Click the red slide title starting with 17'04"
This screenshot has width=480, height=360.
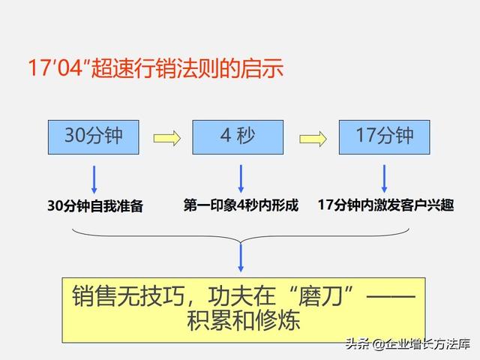point(156,68)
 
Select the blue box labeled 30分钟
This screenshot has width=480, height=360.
point(93,137)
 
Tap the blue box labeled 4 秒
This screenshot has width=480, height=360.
point(238,137)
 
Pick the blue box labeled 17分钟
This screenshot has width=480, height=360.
point(385,137)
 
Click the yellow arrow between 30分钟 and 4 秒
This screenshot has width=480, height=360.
point(167,138)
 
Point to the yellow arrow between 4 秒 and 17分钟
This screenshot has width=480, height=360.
point(313,139)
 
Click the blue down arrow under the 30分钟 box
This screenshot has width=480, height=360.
point(94,180)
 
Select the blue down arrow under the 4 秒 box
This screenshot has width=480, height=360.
point(241,178)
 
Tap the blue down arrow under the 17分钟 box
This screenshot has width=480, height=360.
point(385,178)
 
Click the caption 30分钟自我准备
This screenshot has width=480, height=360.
point(95,205)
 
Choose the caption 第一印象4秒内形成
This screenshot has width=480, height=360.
point(241,205)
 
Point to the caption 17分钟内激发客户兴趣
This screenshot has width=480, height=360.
point(385,205)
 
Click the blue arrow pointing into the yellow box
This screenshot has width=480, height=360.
point(241,258)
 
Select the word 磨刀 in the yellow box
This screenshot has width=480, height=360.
point(320,296)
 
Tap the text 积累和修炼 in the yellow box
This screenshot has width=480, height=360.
point(243,321)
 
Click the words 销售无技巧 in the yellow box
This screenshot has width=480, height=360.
point(128,296)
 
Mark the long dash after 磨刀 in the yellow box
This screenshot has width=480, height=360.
point(391,296)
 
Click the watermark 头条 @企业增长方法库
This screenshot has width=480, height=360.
point(408,344)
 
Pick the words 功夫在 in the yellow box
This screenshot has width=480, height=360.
point(241,296)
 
